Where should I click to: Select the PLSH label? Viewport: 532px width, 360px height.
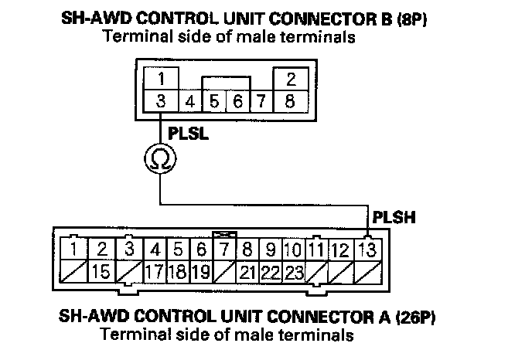point(394,216)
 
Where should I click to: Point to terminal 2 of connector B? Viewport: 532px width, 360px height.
point(291,80)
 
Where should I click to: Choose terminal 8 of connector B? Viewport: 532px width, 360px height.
point(291,100)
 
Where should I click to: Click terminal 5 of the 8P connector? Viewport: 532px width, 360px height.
point(214,101)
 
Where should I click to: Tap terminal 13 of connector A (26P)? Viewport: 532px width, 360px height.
point(369,250)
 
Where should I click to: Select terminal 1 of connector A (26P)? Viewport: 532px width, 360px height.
point(73,250)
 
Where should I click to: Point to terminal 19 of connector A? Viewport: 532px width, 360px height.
point(200,271)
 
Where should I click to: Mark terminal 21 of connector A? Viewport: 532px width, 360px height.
point(247,271)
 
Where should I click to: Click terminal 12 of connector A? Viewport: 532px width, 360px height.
point(340,250)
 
